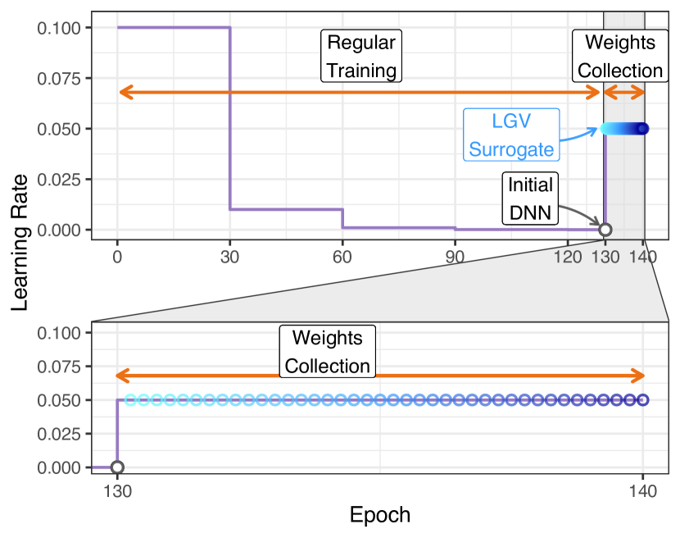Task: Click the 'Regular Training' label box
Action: [361, 57]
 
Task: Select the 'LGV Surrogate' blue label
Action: [511, 134]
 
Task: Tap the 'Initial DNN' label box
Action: [530, 198]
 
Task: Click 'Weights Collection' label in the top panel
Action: [619, 57]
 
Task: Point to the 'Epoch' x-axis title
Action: [379, 516]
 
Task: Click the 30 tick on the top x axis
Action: [229, 256]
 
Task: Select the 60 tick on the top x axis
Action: [342, 256]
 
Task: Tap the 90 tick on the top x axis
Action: [455, 256]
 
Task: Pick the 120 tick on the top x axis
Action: [568, 256]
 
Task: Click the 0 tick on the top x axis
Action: [117, 256]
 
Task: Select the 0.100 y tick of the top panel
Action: [58, 29]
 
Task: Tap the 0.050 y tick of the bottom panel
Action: [58, 400]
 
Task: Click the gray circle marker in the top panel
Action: [605, 230]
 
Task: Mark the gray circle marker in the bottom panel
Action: [117, 467]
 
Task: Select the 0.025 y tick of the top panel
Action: [58, 179]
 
